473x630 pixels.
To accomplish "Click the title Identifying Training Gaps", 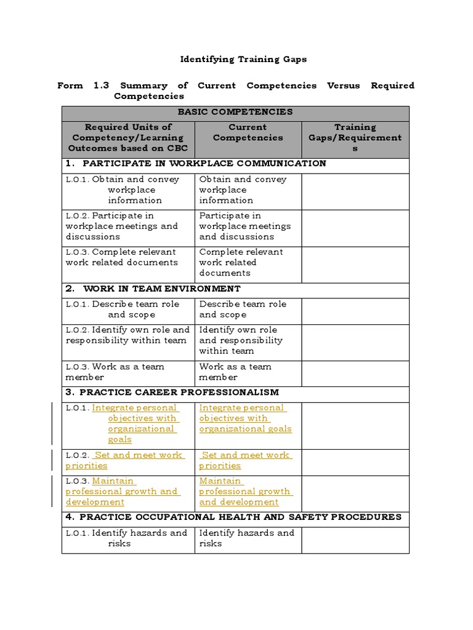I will (243, 60).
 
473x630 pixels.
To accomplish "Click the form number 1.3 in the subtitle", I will (101, 86).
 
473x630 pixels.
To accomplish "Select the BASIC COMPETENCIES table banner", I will (235, 112).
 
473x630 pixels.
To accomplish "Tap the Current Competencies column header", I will (248, 132).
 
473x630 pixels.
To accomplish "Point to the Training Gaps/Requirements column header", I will (355, 138).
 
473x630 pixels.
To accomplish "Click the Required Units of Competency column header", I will (128, 138).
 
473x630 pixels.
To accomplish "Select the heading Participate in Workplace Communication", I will (204, 164).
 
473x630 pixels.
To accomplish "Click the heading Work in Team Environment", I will (161, 289).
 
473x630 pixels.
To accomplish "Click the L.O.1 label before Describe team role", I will (78, 305).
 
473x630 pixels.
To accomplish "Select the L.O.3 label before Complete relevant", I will (78, 252).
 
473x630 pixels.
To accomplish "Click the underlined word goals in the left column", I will (119, 440).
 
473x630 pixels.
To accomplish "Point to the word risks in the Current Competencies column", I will (211, 544).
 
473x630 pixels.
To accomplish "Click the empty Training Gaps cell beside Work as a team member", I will (355, 372).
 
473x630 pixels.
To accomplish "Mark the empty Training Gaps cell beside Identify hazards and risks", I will (355, 539).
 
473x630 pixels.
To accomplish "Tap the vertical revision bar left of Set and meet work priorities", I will (52, 460).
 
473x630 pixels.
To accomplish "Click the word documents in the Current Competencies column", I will (225, 273).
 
